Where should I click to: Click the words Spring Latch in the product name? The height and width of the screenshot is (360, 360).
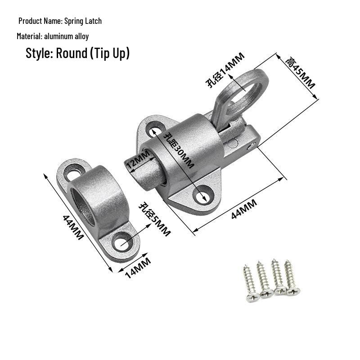83,21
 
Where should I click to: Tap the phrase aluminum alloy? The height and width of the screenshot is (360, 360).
66,36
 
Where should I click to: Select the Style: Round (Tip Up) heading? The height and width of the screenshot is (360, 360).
77,53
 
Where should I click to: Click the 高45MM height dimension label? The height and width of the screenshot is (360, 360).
300,73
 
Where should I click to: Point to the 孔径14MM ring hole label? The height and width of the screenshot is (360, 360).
225,70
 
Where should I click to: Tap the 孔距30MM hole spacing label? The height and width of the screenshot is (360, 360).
179,150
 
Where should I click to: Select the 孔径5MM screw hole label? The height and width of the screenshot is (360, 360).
154,219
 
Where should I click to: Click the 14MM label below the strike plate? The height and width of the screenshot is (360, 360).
138,268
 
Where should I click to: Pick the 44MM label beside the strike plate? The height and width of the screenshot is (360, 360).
73,227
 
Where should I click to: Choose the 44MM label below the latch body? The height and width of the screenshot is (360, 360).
244,209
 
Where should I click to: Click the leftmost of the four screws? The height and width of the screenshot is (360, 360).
250,283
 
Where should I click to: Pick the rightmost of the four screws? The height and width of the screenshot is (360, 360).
291,278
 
